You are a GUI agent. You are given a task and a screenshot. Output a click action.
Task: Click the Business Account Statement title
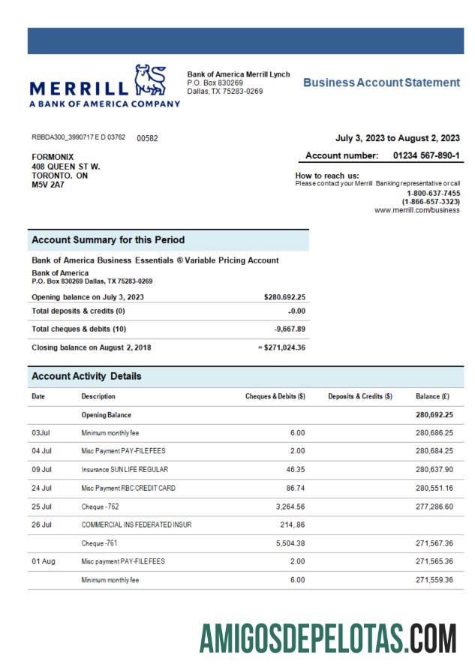pos(381,83)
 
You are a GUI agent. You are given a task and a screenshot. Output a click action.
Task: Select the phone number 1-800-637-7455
pos(433,193)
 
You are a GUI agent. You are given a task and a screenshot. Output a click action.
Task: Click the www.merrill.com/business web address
pos(416,211)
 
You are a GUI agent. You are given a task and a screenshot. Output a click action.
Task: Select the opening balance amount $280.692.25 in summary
pos(280,297)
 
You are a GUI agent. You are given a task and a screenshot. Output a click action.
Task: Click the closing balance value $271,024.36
pos(277,348)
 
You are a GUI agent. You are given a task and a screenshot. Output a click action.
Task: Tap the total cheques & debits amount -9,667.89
pos(284,329)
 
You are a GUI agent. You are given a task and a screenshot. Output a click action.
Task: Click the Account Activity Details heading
pos(86,376)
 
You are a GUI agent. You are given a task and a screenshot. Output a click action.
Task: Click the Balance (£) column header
pos(434,396)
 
